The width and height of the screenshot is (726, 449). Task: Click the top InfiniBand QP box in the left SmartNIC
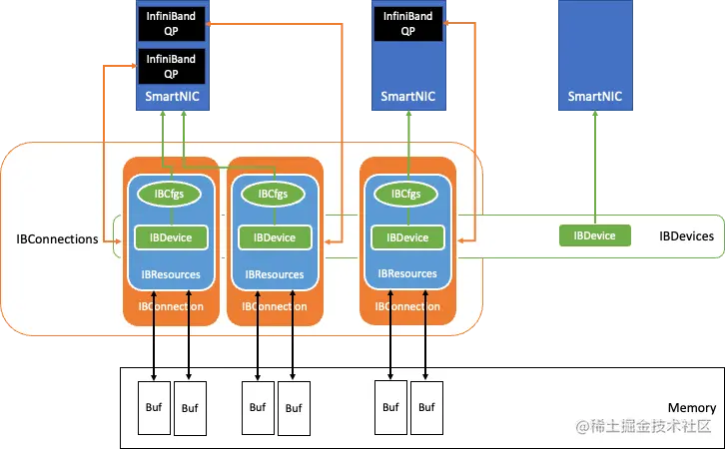click(171, 22)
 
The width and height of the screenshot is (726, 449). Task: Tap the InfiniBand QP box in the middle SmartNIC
click(407, 22)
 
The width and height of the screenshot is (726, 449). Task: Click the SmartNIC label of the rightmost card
click(596, 97)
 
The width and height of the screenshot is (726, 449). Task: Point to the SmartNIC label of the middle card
click(407, 97)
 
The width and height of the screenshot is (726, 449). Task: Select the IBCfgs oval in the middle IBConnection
click(273, 194)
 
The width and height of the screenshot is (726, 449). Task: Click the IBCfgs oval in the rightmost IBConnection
click(406, 194)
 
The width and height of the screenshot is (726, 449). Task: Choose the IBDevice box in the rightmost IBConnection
click(406, 237)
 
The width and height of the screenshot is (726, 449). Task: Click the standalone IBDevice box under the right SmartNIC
click(594, 235)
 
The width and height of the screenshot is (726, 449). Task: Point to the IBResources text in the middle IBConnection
click(273, 274)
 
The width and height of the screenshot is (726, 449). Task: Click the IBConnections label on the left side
click(57, 239)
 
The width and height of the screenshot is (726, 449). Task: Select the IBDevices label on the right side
click(687, 236)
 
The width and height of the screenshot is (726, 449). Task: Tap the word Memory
click(691, 408)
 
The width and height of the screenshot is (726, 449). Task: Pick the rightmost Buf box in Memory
click(427, 407)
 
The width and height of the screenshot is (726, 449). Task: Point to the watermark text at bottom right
click(644, 426)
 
